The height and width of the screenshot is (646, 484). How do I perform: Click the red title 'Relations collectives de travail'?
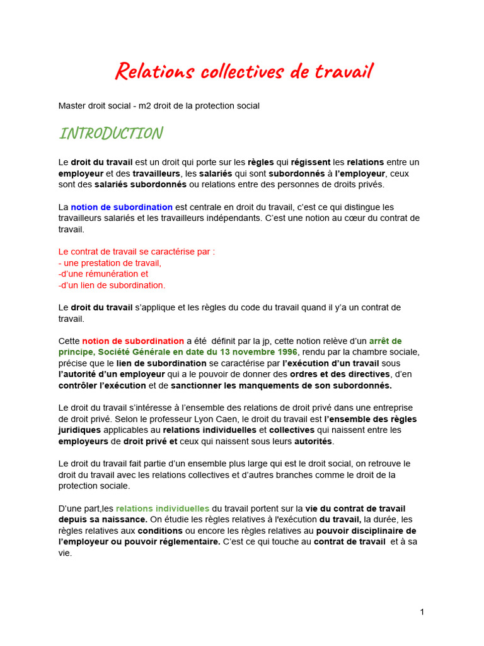point(243,71)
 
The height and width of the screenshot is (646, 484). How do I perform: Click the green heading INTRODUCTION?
point(111,133)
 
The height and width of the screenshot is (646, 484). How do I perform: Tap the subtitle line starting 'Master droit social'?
point(159,105)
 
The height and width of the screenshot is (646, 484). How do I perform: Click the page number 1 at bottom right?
point(422,612)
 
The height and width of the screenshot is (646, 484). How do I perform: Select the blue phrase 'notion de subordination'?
point(122,207)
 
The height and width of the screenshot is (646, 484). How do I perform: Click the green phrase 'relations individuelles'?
point(163,508)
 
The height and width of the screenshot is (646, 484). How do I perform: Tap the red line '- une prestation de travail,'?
point(110,262)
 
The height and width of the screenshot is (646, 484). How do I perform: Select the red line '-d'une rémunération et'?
point(103,274)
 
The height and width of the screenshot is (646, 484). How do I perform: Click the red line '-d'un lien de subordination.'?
point(112,285)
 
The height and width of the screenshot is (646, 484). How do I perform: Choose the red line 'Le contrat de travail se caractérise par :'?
point(137,251)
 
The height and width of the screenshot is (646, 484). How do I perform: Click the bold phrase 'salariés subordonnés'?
point(141,184)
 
